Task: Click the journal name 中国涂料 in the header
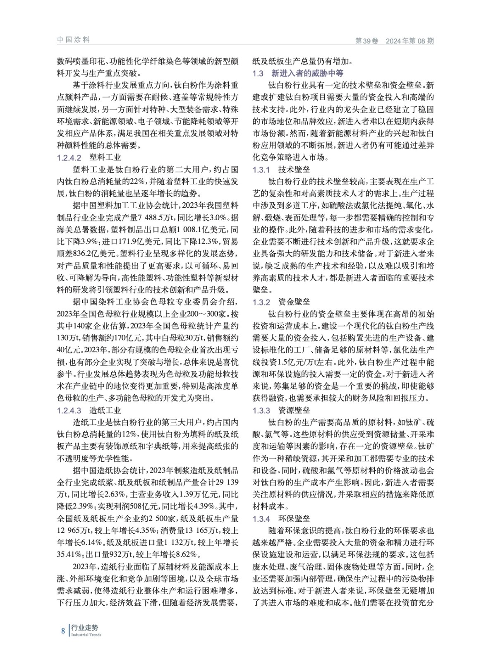(x=73, y=40)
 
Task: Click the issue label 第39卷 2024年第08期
(x=395, y=41)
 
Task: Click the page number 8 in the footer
(x=63, y=631)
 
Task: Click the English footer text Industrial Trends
(x=86, y=635)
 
